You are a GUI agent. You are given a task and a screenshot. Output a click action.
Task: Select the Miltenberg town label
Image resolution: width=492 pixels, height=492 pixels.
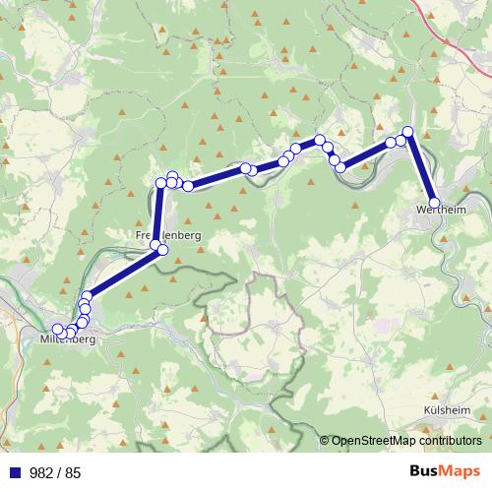[67, 340]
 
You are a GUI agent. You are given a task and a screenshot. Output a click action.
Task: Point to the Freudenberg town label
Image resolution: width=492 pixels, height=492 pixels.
[167, 236]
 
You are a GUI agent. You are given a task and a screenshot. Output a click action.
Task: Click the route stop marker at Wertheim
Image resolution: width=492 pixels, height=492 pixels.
[436, 203]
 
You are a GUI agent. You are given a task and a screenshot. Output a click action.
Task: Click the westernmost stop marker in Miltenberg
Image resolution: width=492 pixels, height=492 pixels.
[57, 329]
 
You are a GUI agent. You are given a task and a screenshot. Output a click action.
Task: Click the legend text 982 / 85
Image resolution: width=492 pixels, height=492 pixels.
[55, 472]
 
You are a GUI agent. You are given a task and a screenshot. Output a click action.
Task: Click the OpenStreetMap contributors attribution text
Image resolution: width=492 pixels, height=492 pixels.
[405, 441]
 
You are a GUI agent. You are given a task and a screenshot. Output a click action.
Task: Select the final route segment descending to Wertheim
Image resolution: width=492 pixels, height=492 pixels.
[423, 167]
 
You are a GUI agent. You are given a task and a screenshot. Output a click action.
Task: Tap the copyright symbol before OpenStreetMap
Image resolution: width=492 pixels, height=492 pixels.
[324, 441]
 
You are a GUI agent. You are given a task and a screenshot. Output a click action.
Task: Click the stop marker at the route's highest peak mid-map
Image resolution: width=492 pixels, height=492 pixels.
[320, 140]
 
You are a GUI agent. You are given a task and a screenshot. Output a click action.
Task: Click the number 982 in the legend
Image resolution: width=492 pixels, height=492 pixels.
[41, 472]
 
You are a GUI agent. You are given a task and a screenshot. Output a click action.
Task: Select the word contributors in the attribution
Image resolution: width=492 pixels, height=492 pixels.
[450, 441]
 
